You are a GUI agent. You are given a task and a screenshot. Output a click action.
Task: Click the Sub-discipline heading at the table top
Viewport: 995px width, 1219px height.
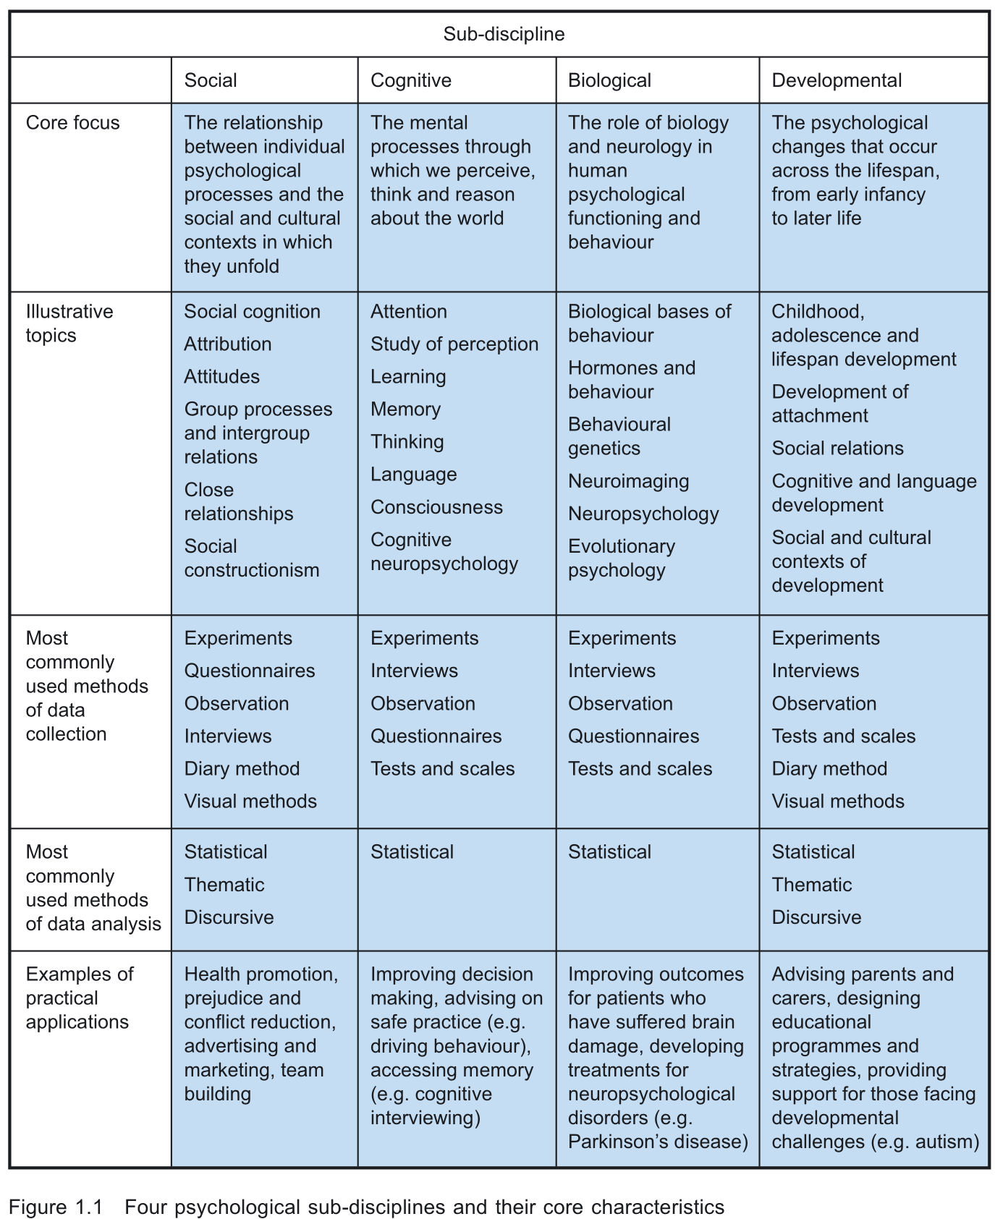click(504, 34)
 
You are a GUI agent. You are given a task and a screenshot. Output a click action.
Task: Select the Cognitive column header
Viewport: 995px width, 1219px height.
click(410, 80)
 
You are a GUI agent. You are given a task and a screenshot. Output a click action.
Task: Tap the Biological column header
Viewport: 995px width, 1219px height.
click(609, 80)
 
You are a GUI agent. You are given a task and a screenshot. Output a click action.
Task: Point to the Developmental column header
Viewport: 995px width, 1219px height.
click(837, 80)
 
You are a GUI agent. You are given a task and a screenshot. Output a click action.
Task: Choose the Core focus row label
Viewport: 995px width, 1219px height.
click(72, 123)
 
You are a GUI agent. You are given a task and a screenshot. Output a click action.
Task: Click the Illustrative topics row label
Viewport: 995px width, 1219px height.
click(69, 323)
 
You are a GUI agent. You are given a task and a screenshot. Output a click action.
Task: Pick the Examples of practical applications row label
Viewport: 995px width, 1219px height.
click(80, 998)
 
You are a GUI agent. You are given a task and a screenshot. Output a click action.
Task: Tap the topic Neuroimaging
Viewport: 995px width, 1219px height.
click(628, 481)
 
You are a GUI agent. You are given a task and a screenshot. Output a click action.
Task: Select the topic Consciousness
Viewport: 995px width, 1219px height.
click(436, 507)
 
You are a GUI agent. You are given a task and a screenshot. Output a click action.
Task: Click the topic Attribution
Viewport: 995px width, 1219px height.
click(227, 344)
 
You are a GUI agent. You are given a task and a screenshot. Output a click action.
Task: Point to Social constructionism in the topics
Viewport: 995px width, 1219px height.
click(251, 558)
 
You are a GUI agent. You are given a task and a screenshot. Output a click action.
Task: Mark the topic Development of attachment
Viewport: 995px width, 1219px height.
click(839, 404)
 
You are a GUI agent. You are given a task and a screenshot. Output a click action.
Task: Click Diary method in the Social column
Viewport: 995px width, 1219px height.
click(242, 769)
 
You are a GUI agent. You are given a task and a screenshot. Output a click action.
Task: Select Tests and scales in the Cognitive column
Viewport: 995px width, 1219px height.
click(442, 769)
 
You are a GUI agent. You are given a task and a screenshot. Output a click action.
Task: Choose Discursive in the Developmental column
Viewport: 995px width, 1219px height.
click(816, 917)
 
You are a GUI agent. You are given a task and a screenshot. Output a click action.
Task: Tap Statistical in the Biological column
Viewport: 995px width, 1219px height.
click(609, 852)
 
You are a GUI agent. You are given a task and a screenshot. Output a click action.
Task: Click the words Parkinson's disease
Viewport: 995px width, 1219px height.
click(658, 1142)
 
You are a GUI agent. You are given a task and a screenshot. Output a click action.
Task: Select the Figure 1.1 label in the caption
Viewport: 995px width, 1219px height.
click(55, 1207)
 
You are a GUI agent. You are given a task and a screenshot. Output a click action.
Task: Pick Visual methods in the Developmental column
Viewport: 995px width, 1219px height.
click(838, 802)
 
